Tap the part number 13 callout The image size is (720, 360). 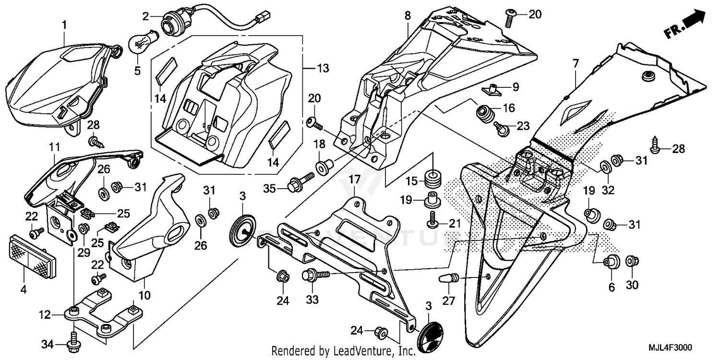click(x=323, y=69)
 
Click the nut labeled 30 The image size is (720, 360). click(x=632, y=262)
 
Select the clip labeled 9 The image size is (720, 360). click(x=494, y=88)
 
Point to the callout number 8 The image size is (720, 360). click(x=408, y=15)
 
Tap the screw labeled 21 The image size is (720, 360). click(x=432, y=220)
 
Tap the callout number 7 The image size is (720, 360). click(x=576, y=62)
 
